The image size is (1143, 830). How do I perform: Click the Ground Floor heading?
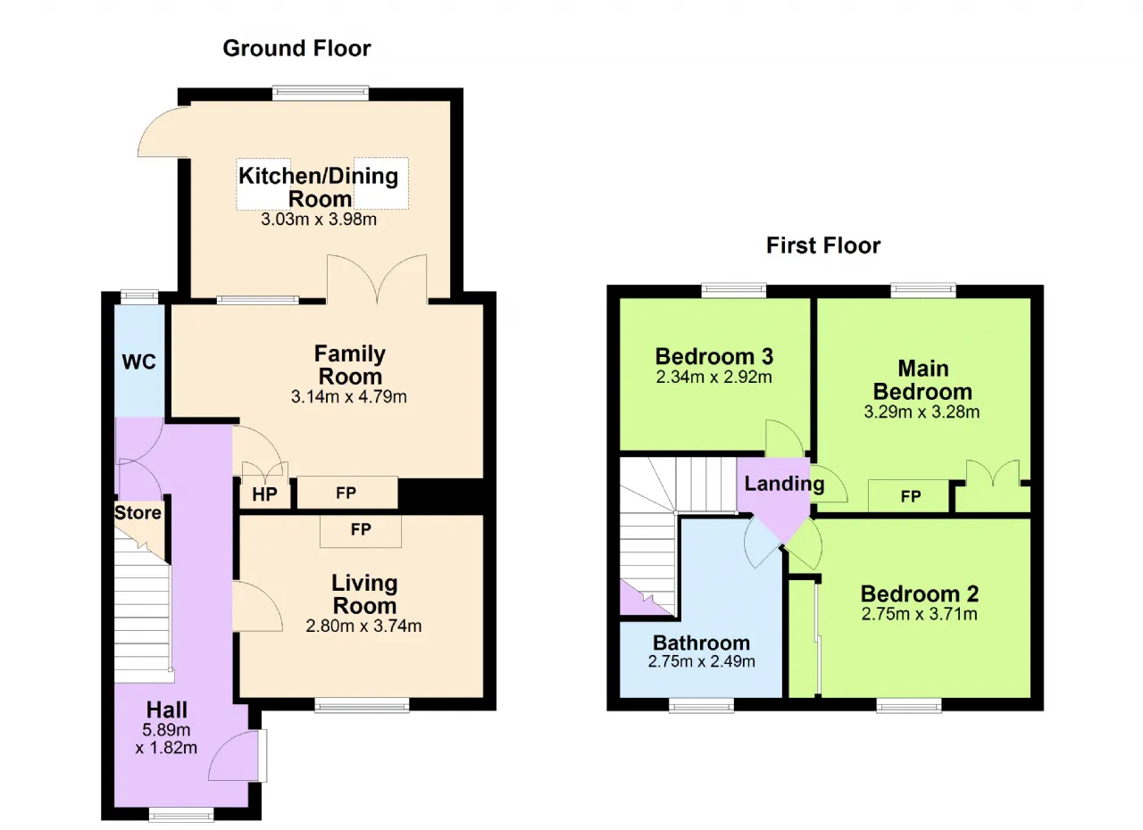(x=296, y=48)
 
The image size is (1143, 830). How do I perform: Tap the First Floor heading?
(x=823, y=245)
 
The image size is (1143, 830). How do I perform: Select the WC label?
(x=138, y=362)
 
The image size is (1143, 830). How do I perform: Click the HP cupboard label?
(x=264, y=494)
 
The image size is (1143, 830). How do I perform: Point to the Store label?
(x=138, y=512)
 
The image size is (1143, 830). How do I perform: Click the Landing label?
(x=784, y=484)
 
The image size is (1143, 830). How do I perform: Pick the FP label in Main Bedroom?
(x=911, y=496)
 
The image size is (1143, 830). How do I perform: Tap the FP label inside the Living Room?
(x=361, y=530)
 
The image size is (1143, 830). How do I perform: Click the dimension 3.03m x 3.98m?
(x=319, y=220)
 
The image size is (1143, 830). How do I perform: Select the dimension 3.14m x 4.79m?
(x=349, y=396)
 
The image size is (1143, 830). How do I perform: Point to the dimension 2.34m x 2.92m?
(x=713, y=378)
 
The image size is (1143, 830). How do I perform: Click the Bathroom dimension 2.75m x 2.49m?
(x=702, y=661)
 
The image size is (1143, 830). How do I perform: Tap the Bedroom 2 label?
(x=920, y=594)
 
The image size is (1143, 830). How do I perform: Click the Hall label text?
(x=167, y=710)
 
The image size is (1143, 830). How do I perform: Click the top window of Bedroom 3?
(x=734, y=291)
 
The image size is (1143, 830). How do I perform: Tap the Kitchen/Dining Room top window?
(x=321, y=94)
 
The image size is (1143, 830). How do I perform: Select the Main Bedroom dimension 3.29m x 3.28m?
(x=922, y=412)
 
